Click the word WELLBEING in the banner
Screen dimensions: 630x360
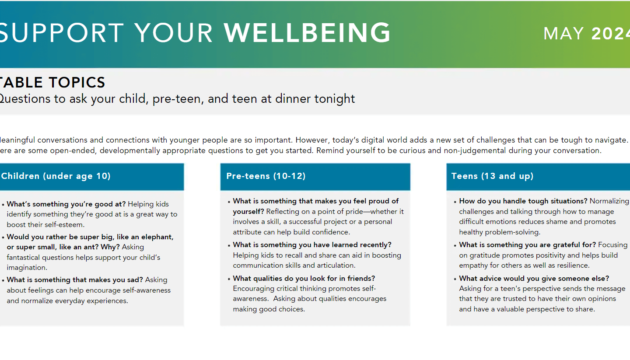pyautogui.click(x=307, y=33)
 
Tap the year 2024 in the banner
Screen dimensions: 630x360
pyautogui.click(x=611, y=34)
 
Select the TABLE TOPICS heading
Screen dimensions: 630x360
pyautogui.click(x=52, y=82)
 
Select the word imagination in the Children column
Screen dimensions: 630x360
pyautogui.click(x=26, y=268)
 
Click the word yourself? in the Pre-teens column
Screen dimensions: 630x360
pyautogui.click(x=248, y=212)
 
